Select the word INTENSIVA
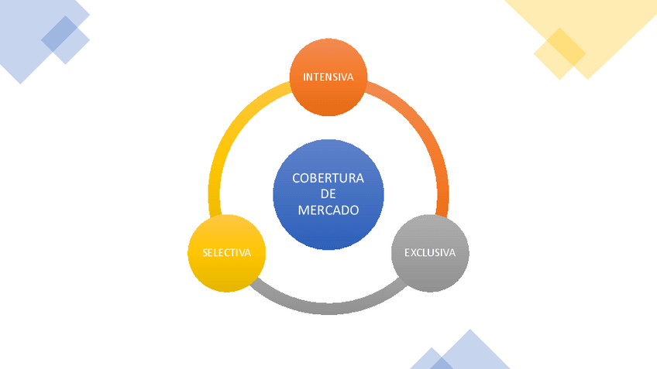328,77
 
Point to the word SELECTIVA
226,253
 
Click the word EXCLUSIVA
429,253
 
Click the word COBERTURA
328,178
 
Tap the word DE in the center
328,194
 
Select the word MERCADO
328,210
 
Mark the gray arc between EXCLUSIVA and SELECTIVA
328,307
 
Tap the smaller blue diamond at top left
66,39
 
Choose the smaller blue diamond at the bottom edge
431,360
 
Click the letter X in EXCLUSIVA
412,253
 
